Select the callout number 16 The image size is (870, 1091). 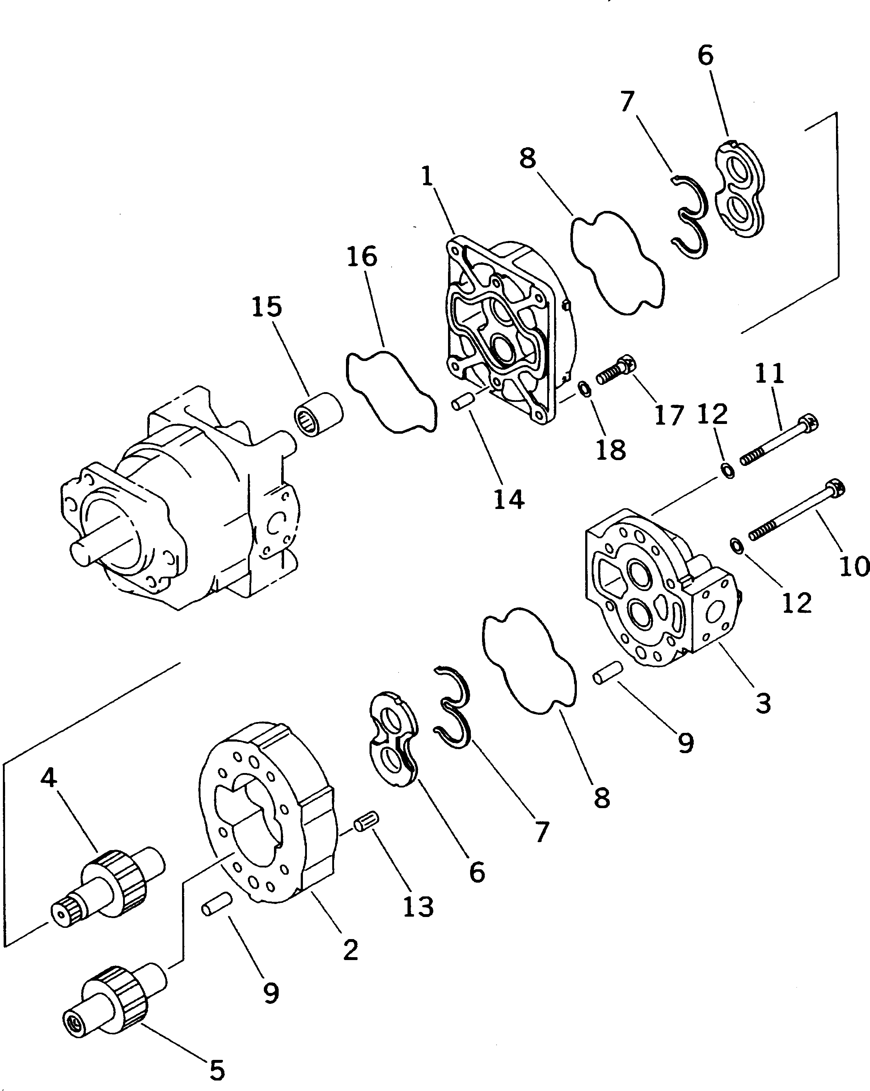tap(362, 256)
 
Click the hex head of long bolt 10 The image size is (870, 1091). tap(835, 488)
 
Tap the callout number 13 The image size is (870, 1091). tap(418, 907)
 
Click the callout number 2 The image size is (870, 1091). tap(350, 950)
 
